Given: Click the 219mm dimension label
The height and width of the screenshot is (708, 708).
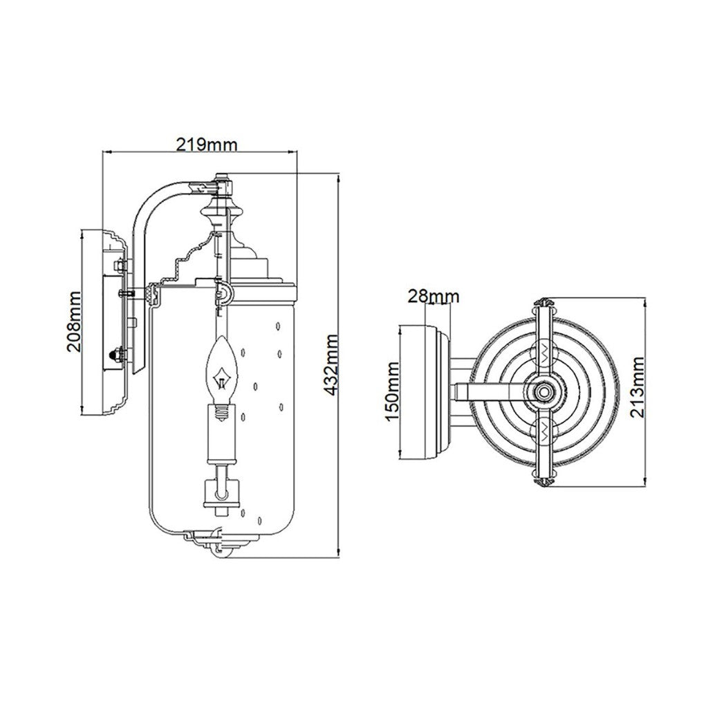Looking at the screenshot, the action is click(206, 145).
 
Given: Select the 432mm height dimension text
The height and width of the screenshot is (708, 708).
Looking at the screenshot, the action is click(332, 365).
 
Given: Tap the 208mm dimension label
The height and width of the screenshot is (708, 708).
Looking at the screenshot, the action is click(73, 322).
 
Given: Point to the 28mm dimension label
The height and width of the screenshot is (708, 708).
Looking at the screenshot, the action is click(434, 296).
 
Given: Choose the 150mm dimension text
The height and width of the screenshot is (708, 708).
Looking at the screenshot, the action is click(393, 391).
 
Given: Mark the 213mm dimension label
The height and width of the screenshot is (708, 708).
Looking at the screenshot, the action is click(637, 387).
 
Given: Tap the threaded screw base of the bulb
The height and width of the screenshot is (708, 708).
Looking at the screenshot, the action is click(221, 412).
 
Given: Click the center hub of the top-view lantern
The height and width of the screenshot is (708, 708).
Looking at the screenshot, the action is click(543, 391).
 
